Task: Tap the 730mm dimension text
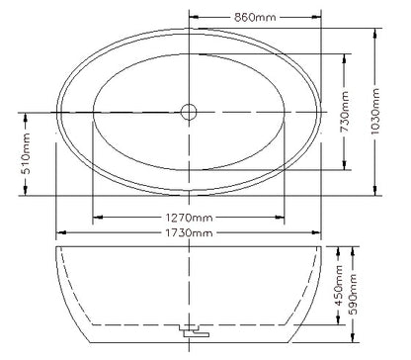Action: [345, 113]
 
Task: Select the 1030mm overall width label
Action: [375, 113]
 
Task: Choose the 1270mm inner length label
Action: [188, 217]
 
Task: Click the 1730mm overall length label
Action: [188, 232]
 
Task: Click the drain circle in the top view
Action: [189, 112]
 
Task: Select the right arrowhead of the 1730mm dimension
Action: [319, 232]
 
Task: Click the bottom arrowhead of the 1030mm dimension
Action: [375, 193]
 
